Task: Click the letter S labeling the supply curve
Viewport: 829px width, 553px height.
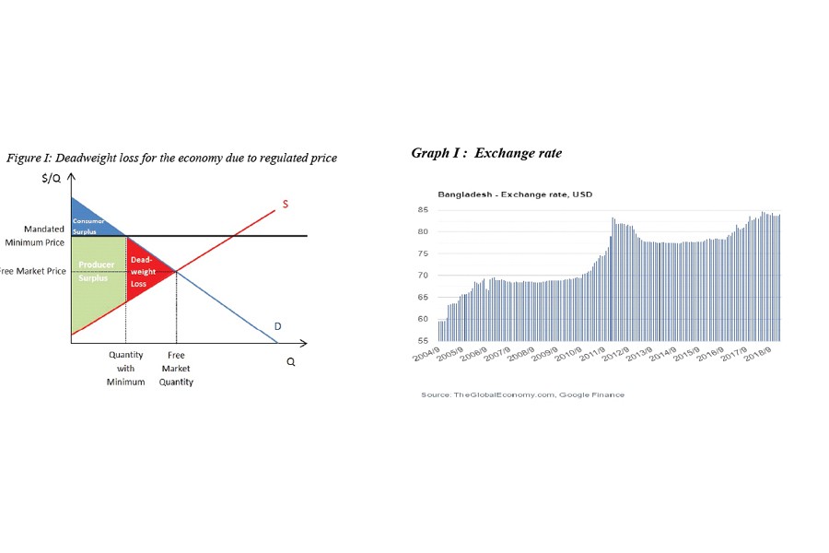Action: [285, 204]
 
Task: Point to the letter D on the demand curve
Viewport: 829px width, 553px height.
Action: [277, 326]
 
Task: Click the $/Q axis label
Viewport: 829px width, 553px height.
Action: [51, 178]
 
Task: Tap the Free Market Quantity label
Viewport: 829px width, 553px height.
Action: [176, 368]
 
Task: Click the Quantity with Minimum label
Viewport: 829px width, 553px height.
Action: [125, 368]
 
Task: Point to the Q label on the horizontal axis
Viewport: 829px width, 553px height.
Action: [291, 362]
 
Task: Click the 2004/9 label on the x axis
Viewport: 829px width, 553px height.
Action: [426, 355]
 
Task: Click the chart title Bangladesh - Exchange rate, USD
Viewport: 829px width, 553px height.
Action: [503, 194]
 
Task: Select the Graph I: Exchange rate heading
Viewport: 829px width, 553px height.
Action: [485, 153]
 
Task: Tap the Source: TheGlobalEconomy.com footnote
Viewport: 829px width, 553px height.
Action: [522, 394]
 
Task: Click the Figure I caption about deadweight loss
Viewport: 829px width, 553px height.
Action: [172, 158]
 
